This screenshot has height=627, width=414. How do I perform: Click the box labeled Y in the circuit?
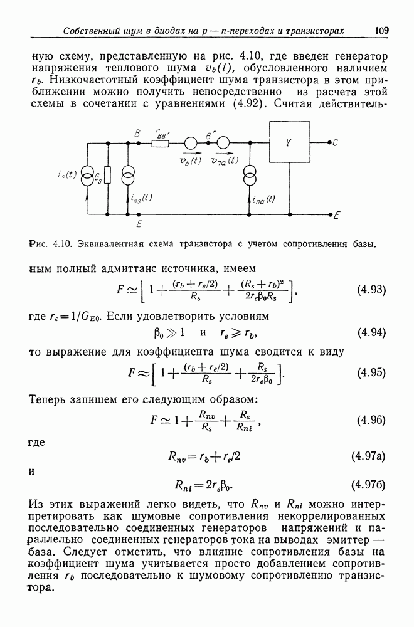click(289, 142)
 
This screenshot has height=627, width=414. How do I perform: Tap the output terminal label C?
click(336, 142)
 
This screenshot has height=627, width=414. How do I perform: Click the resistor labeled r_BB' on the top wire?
click(161, 143)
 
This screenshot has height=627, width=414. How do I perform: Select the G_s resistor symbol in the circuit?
click(107, 175)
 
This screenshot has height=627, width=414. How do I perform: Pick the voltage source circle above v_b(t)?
click(191, 143)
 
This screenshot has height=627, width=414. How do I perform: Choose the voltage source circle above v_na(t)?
click(223, 143)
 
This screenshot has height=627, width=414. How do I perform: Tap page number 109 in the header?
click(382, 30)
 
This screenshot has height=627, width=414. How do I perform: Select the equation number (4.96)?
click(371, 420)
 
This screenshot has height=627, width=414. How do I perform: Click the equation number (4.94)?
click(371, 332)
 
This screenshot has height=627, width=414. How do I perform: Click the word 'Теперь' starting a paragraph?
click(51, 399)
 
